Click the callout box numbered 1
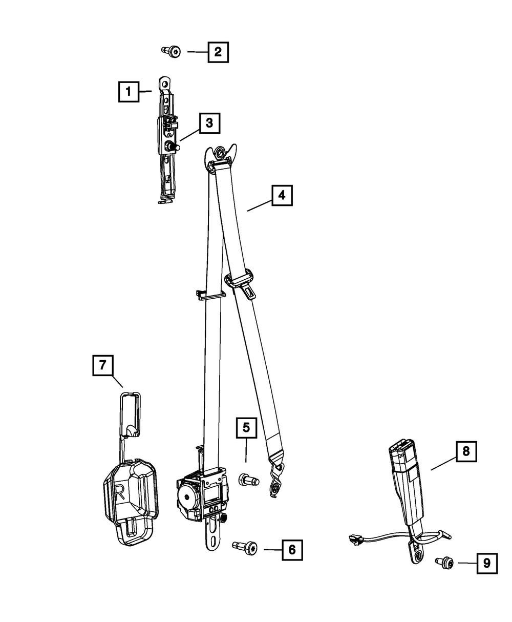click(x=129, y=91)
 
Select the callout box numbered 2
click(x=218, y=52)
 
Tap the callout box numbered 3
click(x=210, y=123)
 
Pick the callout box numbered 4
click(x=282, y=195)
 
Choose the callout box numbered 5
click(x=246, y=428)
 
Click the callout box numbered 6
click(x=292, y=550)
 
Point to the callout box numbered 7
click(x=103, y=365)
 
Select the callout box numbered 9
click(x=487, y=563)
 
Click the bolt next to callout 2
click(x=171, y=52)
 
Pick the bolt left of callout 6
click(x=245, y=546)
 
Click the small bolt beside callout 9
click(x=444, y=563)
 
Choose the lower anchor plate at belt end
click(x=276, y=481)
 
